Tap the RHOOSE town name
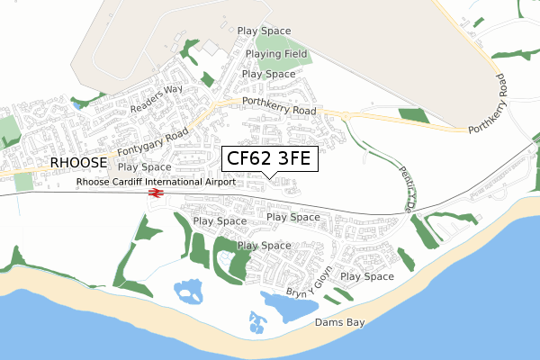[x=79, y=163]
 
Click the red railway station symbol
[x=155, y=193]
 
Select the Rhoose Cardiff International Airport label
[x=157, y=181]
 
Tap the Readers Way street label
[x=156, y=98]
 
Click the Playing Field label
[x=277, y=54]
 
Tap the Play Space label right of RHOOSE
[x=144, y=167]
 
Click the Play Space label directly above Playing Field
[x=264, y=31]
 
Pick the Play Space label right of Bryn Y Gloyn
[x=366, y=276]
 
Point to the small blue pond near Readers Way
[x=77, y=104]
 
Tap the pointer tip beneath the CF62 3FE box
[x=269, y=176]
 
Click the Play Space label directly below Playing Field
[x=268, y=74]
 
